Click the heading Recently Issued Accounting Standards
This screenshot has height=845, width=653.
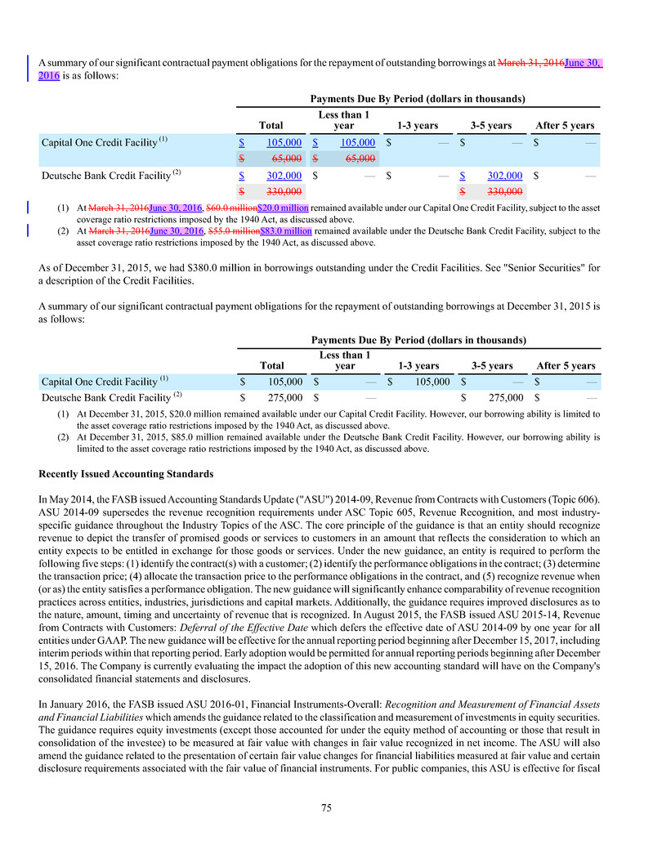click(126, 474)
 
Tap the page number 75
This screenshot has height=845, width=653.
click(326, 807)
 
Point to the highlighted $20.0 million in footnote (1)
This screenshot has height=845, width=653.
click(283, 208)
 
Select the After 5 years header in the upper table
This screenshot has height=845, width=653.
click(564, 126)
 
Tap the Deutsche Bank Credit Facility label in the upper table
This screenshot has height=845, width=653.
click(105, 175)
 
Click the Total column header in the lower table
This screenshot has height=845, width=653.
click(271, 365)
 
